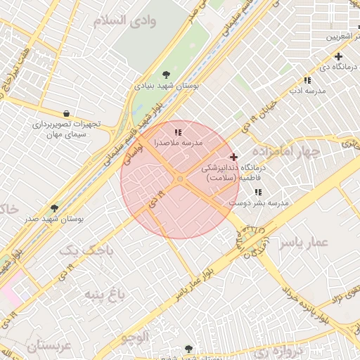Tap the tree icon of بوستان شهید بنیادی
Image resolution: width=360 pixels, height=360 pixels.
[x=166, y=74]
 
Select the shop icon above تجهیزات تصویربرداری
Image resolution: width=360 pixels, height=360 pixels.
[x=66, y=113]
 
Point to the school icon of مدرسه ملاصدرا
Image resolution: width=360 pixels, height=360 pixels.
[x=178, y=131]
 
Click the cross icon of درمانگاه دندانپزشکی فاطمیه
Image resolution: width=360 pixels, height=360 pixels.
[x=233, y=156]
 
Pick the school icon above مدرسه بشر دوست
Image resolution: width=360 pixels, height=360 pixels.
[x=258, y=192]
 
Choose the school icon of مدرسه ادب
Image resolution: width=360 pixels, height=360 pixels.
[x=307, y=80]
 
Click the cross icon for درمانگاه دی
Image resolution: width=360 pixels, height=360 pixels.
[x=338, y=56]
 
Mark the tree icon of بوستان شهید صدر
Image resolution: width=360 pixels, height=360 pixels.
[x=55, y=208]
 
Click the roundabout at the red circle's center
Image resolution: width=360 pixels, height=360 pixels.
[x=180, y=180]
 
